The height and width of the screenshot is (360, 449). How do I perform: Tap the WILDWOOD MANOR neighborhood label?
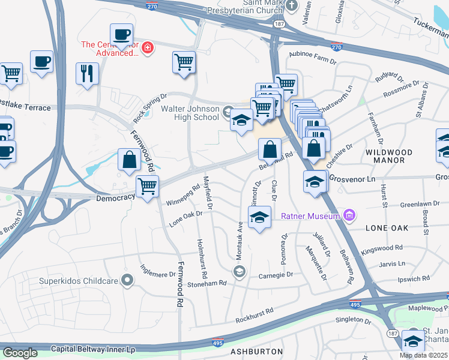coord(389,157)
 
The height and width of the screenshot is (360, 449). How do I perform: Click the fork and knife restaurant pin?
coord(87,73)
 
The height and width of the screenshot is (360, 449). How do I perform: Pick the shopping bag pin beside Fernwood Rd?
coord(129,160)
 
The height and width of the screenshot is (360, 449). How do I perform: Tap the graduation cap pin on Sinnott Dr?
coord(259,217)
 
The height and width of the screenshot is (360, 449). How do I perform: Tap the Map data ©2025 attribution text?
coord(423,355)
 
